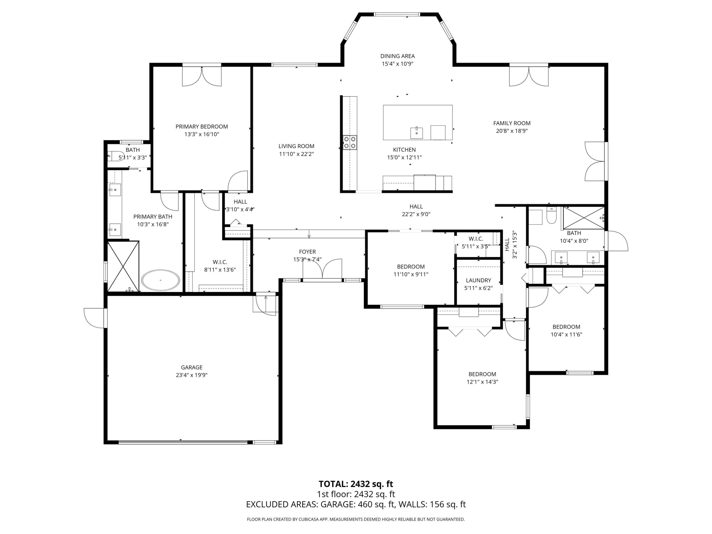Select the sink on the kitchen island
point(417,132)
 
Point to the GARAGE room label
point(192,367)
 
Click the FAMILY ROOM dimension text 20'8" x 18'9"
point(512,131)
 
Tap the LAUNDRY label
point(478,280)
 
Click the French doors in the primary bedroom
point(202,77)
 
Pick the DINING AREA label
point(398,56)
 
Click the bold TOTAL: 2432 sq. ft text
point(356,484)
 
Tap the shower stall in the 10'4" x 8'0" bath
point(583,218)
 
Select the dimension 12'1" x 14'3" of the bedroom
point(482,382)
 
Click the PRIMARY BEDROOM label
point(201,127)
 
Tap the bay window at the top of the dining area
point(397,15)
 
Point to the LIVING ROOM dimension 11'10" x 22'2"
point(296,154)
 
